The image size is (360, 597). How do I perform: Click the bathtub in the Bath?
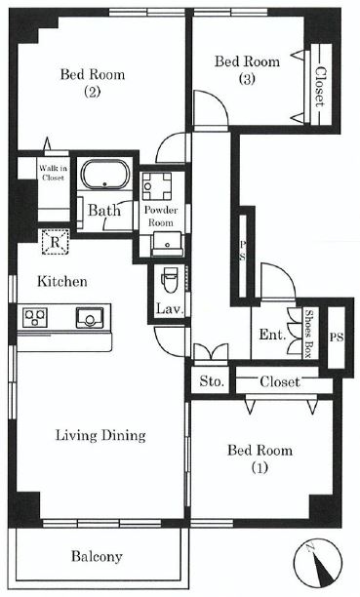105,175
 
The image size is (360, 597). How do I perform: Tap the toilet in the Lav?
170,280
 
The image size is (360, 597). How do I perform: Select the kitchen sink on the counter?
90,317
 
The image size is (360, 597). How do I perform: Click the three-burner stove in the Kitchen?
35,318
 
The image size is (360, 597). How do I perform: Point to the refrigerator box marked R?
56,242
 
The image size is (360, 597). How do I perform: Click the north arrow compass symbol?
317,562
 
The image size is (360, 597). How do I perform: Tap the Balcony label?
97,556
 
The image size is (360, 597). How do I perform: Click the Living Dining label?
100,435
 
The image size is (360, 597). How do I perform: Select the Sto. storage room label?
212,381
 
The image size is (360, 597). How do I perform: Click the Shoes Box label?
310,334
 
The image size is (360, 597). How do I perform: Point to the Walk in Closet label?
53,173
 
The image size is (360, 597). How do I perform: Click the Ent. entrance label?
272,335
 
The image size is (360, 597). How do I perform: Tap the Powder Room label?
161,216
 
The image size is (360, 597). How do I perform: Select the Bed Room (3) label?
247,69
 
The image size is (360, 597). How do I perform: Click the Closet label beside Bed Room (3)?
320,87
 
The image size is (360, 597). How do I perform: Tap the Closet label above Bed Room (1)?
280,381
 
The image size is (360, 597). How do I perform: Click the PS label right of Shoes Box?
337,338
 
